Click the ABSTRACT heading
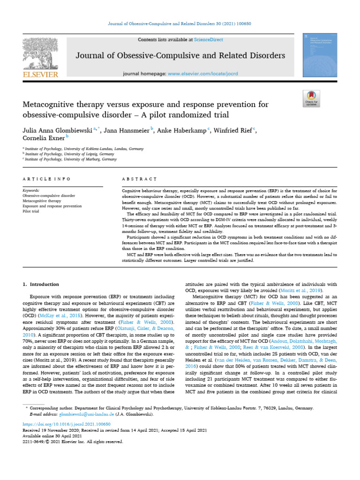139,179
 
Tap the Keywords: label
31,191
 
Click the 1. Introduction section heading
41,285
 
